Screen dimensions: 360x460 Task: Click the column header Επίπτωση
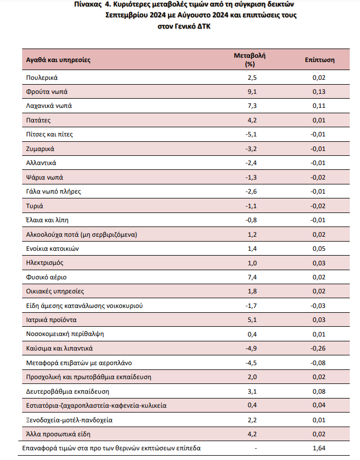coord(320,60)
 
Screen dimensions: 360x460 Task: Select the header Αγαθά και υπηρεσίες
coord(58,60)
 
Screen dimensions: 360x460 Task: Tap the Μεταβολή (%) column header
coord(249,59)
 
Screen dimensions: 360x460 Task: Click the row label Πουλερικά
coord(42,78)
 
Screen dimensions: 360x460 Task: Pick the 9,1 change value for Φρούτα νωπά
coord(252,92)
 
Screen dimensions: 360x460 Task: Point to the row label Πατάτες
coord(38,120)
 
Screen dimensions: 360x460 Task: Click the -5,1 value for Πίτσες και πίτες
coord(251,134)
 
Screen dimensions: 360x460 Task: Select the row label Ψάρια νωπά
coord(44,177)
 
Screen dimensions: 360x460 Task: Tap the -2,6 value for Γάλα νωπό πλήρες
coord(251,191)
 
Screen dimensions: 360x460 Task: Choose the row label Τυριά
coord(35,206)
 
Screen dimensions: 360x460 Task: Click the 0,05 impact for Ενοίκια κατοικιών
coord(319,249)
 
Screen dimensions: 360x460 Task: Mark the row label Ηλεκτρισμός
coord(45,263)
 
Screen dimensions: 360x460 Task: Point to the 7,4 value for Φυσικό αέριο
coord(252,277)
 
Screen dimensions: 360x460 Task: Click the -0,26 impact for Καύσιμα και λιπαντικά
coord(318,348)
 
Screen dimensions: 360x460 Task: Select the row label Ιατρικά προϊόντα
coord(51,320)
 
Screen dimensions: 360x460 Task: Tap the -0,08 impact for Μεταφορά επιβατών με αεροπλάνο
coord(318,363)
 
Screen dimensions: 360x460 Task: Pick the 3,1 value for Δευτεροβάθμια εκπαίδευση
coord(252,392)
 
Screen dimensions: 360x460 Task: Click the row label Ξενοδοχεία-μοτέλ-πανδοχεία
coord(69,420)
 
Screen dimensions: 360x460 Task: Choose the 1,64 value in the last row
coord(319,448)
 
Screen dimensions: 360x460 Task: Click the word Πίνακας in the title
coord(88,4)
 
